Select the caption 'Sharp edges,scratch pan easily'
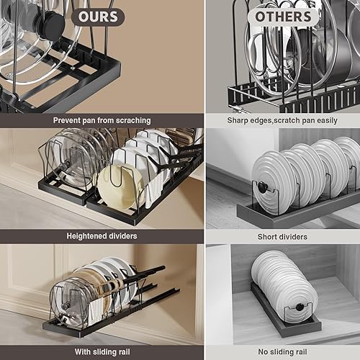point(283,120)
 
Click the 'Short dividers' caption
point(283,235)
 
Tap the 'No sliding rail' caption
point(283,351)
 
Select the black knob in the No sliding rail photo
point(298,309)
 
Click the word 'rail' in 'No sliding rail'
point(310,351)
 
